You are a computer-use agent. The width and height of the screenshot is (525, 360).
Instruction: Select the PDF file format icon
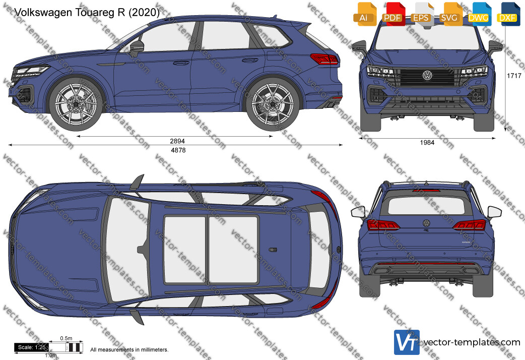point(393,14)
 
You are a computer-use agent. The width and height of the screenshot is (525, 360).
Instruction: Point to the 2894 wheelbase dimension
point(177,141)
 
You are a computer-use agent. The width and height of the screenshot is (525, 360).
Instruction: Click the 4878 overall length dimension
point(178,150)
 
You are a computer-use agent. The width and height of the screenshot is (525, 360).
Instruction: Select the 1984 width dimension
point(427,143)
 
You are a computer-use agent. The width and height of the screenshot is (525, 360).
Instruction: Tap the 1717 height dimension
point(514,76)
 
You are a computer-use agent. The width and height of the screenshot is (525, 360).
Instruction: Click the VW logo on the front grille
point(427,76)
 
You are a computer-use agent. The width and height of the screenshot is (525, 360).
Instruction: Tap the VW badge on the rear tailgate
point(426,223)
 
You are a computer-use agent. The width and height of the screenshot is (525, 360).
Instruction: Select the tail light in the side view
point(324,58)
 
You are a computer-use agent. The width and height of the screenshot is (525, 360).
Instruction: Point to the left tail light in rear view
point(383,224)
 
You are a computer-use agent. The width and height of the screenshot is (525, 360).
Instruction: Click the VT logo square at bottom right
point(407,342)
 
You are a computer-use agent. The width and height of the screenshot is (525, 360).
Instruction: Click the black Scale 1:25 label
point(31,347)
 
